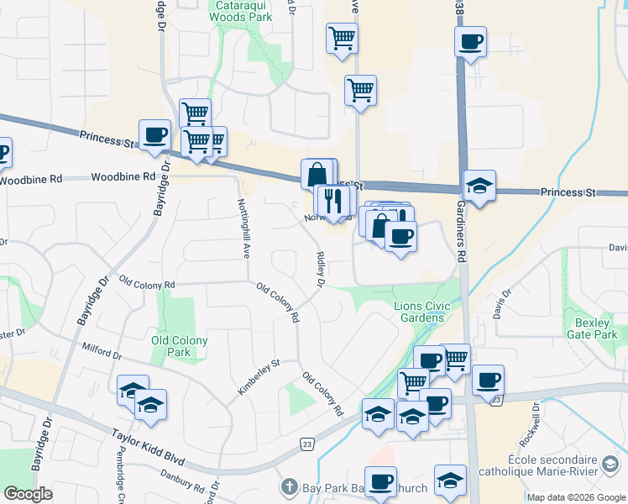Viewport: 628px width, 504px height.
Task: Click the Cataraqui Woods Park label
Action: tap(243, 10)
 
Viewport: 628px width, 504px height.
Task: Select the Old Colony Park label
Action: tap(179, 346)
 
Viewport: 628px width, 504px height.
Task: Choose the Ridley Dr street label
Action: tap(320, 270)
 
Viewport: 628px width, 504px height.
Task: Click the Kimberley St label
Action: tap(258, 376)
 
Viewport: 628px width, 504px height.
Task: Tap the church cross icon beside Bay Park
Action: tap(290, 487)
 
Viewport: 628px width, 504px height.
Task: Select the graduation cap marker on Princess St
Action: tap(479, 186)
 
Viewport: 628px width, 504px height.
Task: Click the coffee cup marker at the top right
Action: tap(471, 40)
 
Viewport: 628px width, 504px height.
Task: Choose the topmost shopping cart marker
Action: tap(342, 37)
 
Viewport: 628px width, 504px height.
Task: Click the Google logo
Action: tap(28, 494)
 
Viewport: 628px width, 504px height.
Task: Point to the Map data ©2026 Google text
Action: tap(575, 497)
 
